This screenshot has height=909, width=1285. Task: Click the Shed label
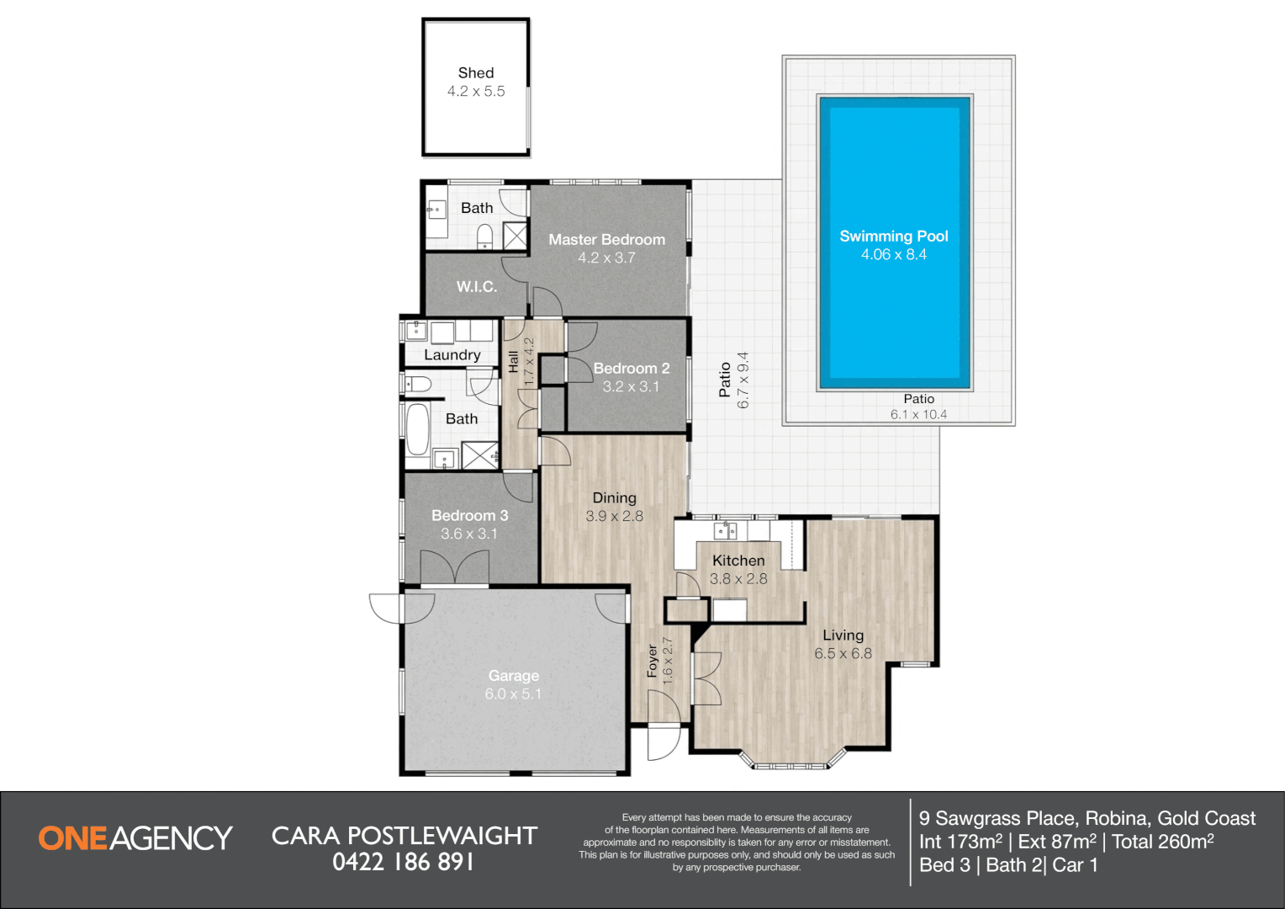pos(475,73)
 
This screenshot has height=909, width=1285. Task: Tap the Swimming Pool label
pos(894,236)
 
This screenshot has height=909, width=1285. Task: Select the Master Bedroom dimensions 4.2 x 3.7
pos(606,258)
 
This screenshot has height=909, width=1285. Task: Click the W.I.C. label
pos(477,286)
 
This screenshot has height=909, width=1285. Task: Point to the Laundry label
pos(452,355)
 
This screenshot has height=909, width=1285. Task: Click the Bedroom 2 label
pos(631,368)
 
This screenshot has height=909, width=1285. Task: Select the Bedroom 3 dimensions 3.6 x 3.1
pos(468,534)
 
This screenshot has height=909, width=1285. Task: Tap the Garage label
pos(514,676)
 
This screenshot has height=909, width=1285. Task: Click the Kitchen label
pos(738,561)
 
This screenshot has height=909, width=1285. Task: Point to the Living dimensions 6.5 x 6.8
pos(843,653)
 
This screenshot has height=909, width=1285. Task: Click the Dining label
pos(615,498)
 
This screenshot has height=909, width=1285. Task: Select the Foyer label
pos(653,661)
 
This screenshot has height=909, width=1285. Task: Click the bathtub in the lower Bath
pos(417,429)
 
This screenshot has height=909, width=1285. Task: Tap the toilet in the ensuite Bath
pos(484,236)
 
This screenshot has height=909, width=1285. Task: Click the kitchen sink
pos(725,530)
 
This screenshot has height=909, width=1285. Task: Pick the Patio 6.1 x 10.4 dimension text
pos(918,415)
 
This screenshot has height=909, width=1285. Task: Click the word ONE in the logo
pos(73,838)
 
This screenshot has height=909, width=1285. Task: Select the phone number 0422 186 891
pos(404,862)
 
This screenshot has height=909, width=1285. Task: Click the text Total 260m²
pos(1163,842)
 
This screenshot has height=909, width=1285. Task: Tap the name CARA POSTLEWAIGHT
pos(405,836)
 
